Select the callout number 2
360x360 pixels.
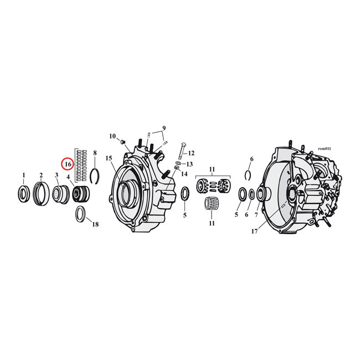point(40,176)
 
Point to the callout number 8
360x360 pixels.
point(95,152)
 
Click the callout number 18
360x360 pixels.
point(95,224)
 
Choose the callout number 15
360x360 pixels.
point(109,158)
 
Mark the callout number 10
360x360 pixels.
point(112,136)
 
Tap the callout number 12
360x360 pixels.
point(191,153)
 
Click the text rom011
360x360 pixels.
point(324,148)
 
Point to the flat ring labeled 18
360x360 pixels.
point(80,213)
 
